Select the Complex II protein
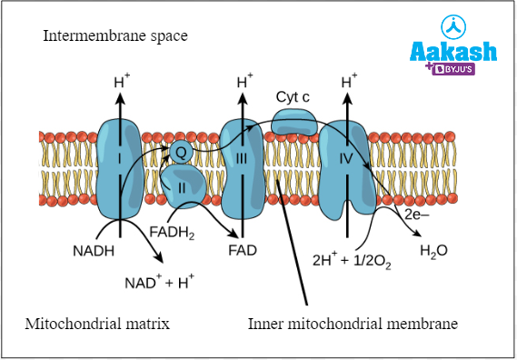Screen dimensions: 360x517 (181, 187)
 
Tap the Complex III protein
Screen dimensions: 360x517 (241, 164)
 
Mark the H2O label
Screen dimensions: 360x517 (433, 249)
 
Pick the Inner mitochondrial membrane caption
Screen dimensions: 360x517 (353, 324)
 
